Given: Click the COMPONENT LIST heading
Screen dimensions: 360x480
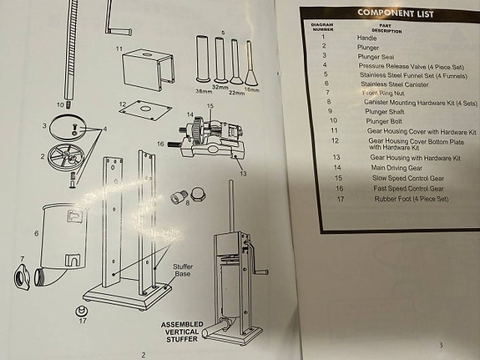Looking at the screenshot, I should click(395, 13).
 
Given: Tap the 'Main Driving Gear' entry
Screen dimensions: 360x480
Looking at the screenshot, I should click(395, 167).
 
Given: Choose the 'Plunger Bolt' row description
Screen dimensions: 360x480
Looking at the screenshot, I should click(386, 121).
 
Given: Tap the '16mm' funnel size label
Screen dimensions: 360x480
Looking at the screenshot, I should click(253, 89).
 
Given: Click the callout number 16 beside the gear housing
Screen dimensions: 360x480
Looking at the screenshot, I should click(160, 144).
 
